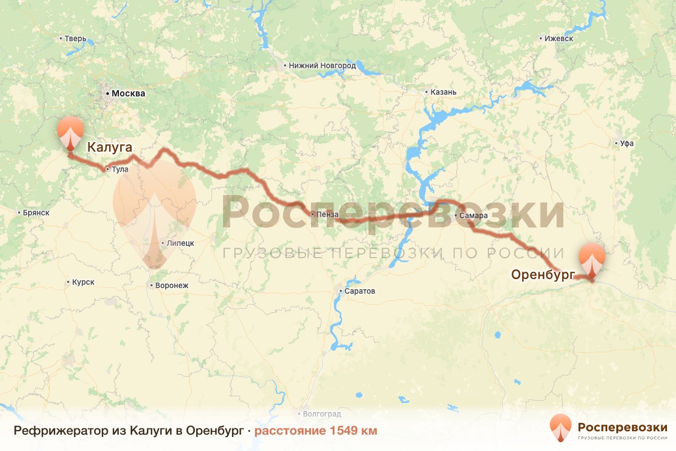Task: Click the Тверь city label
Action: point(75,39)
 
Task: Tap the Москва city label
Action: point(128,94)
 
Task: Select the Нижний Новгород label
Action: point(322,65)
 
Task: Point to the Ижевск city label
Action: point(559,39)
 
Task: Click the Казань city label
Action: point(443,92)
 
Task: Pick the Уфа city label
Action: point(626,143)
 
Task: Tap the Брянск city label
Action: point(37,213)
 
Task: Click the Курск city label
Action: point(83,282)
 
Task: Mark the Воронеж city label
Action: point(171,285)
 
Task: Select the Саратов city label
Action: point(360,291)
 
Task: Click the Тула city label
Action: point(120,169)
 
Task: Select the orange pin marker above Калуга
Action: point(70,133)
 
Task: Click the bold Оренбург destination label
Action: point(542,275)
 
